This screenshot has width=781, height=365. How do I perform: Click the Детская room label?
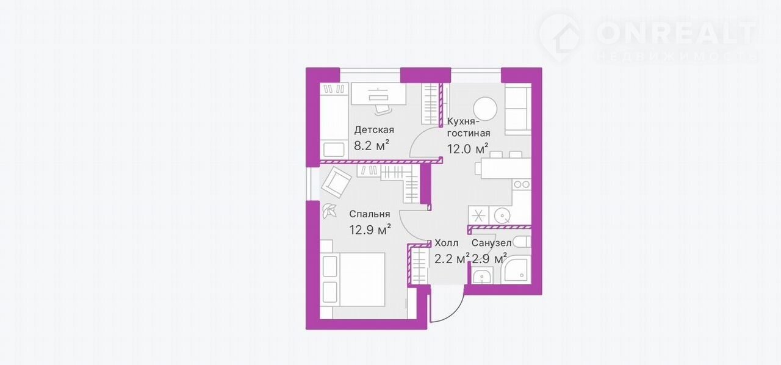(374, 130)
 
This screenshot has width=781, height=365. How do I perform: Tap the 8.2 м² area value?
(372, 145)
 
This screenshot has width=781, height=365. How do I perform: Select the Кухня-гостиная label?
(469, 128)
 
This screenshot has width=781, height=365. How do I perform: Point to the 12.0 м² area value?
(467, 149)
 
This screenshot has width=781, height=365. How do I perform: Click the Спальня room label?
(370, 214)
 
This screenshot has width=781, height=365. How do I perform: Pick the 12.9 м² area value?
(370, 230)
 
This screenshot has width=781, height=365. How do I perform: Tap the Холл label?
(446, 243)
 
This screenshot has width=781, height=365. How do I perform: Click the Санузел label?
(492, 243)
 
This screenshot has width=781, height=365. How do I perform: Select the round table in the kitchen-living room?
(485, 109)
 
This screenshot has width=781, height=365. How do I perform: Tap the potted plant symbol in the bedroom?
(329, 211)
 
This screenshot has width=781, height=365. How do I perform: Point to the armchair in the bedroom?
(336, 182)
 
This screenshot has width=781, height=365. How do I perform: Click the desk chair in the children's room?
(384, 109)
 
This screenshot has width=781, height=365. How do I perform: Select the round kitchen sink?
(502, 215)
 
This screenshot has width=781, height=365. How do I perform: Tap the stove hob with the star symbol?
(478, 215)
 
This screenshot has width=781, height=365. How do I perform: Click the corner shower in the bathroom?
(516, 270)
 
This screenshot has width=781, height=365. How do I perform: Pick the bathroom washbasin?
(483, 276)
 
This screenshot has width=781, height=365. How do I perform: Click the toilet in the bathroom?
(522, 242)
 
